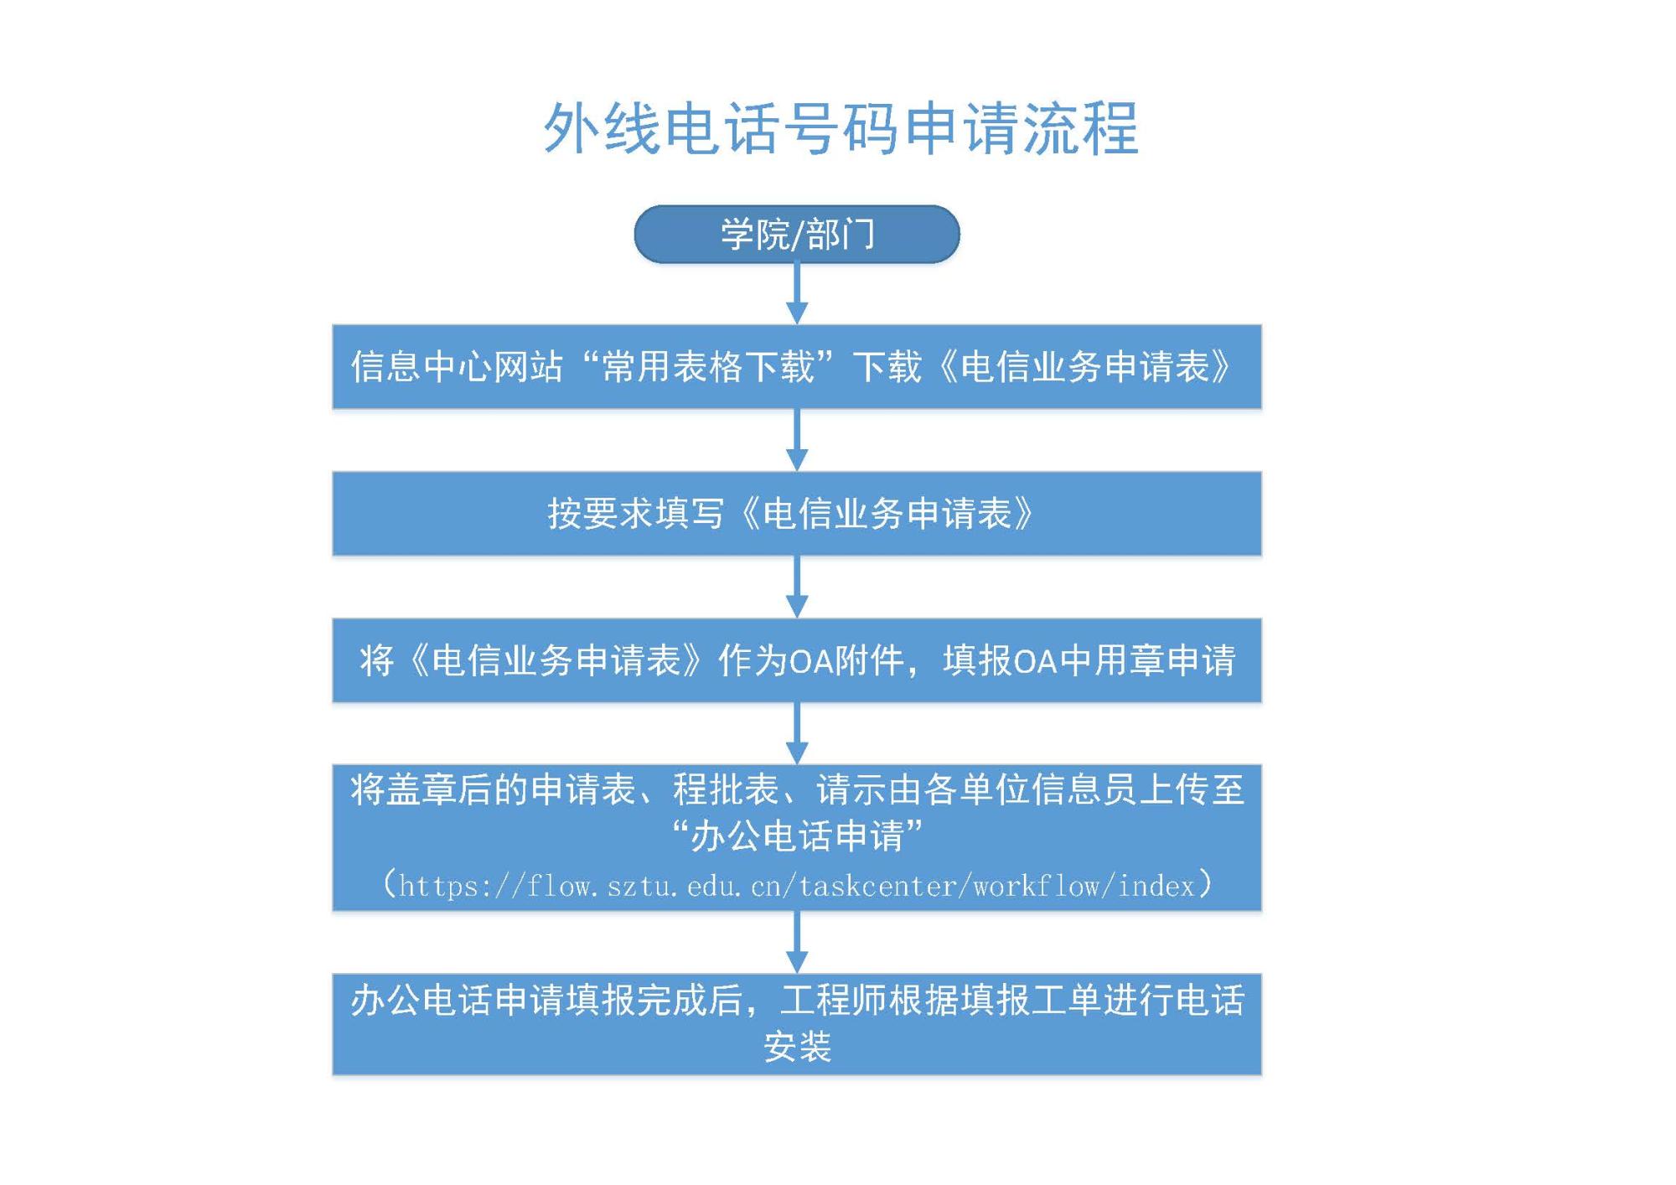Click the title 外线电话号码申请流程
coord(841,128)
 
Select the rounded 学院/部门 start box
coord(797,234)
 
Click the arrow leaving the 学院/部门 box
coord(797,293)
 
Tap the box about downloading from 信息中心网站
coord(797,366)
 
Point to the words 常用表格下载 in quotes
coord(708,367)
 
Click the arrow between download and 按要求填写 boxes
coord(797,440)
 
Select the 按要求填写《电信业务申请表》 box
coord(797,513)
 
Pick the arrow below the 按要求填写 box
coord(797,587)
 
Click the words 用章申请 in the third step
coord(1165,660)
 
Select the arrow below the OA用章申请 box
coord(797,733)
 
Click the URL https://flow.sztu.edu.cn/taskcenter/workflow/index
coord(797,886)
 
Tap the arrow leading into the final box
coord(797,942)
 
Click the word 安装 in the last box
coord(797,1047)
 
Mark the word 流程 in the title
coord(1080,128)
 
